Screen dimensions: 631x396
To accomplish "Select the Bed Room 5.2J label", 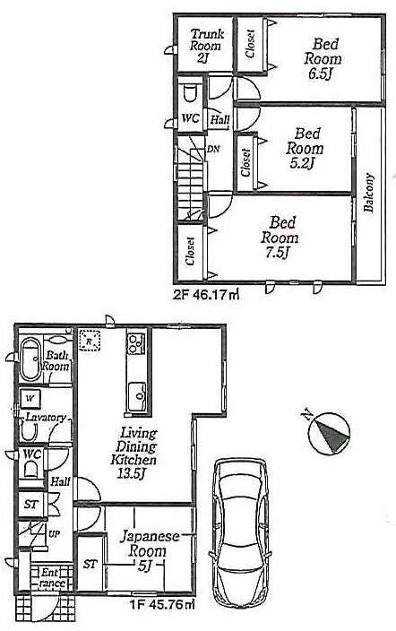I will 295,147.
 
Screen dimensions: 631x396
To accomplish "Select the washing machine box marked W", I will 30,396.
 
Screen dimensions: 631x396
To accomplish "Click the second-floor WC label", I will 190,117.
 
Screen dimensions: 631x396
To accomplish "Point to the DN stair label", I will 212,149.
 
